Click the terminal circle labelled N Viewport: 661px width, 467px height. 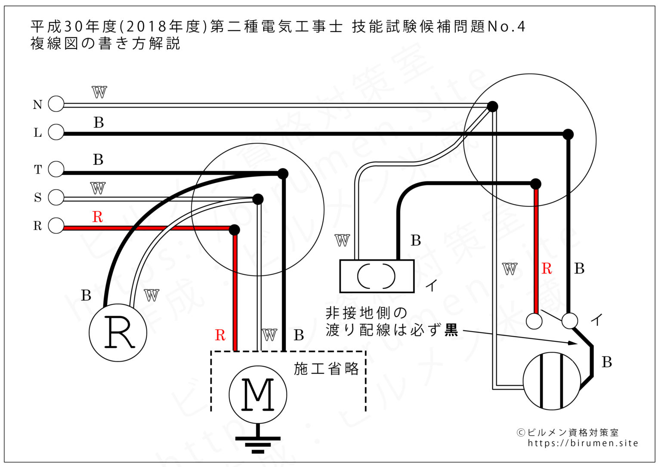point(56,104)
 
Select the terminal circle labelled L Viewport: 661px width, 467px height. point(56,132)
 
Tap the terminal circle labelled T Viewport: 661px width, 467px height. point(56,169)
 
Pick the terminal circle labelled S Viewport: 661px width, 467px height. point(56,197)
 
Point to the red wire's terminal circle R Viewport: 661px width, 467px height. point(56,226)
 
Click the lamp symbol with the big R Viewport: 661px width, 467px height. point(118,332)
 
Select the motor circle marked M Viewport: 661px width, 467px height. point(258,394)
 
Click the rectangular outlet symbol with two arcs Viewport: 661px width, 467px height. point(377,276)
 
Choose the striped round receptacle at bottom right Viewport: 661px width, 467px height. point(551,381)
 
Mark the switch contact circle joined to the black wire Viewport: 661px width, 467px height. point(570,320)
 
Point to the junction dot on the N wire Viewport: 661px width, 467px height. point(492,106)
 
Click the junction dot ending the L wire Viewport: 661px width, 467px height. point(568,134)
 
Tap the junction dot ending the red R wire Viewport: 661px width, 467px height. point(235,230)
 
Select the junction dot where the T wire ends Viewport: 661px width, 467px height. point(283,173)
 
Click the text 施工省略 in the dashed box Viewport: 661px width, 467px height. point(326,369)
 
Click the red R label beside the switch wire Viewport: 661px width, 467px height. point(547,269)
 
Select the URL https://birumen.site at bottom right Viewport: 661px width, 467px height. point(583,443)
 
